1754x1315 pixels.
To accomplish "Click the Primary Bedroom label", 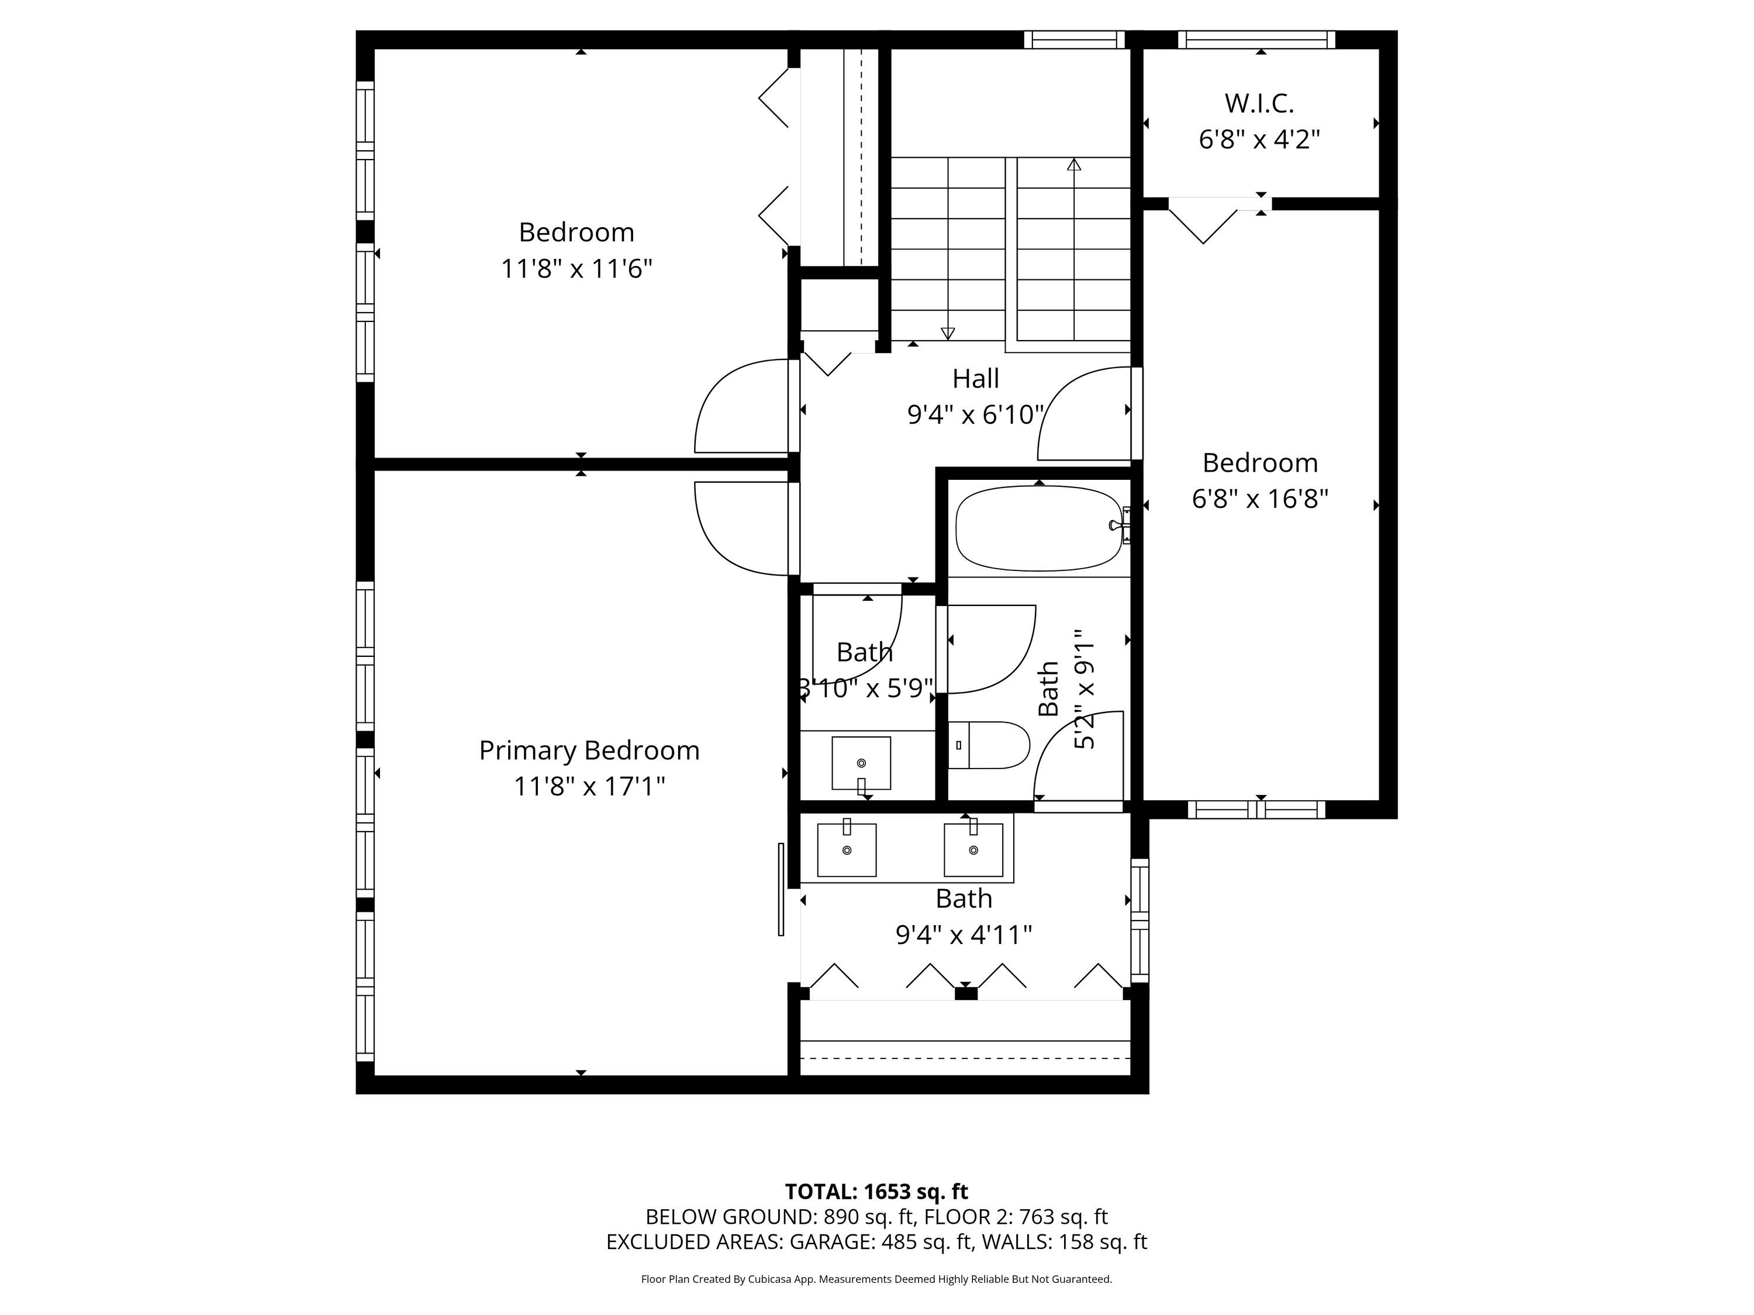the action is (589, 750).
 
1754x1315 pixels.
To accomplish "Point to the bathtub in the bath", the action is (1039, 528).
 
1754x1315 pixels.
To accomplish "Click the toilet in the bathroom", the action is (988, 745).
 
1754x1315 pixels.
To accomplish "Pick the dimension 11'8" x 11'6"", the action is (576, 269).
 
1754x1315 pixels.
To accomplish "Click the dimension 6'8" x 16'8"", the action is (1260, 499).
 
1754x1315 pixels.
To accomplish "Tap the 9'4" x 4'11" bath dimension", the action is (964, 935).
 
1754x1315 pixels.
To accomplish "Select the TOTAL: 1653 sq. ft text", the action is (876, 1192).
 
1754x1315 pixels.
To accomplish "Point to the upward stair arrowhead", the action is (1075, 165).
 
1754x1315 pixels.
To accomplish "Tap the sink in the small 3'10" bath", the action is (861, 764).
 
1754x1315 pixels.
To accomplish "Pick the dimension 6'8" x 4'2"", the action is (1259, 140).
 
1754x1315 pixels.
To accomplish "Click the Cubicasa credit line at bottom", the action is (876, 1279).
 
